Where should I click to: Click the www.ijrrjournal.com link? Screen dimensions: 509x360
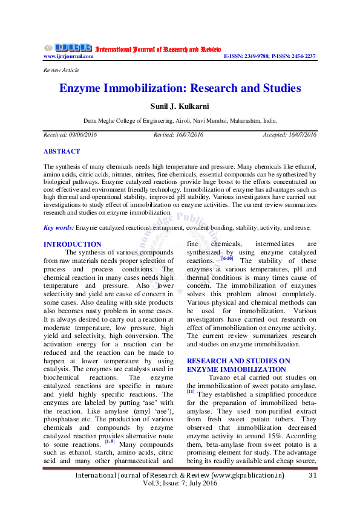[68, 56]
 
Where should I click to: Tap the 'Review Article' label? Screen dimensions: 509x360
[61, 70]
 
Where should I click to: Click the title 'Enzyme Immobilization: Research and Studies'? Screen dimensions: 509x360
[180, 88]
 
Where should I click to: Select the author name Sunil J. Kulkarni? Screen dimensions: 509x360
[180, 106]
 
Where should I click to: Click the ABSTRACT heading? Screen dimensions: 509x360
[62, 151]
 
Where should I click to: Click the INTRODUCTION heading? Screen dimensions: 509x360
[73, 244]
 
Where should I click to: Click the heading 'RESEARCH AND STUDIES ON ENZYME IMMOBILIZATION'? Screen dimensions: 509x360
[238, 365]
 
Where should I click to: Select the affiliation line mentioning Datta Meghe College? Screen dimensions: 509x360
[180, 121]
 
